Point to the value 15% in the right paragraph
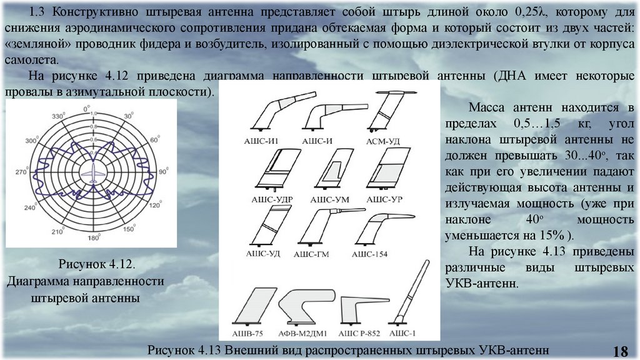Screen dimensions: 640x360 [553, 236]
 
